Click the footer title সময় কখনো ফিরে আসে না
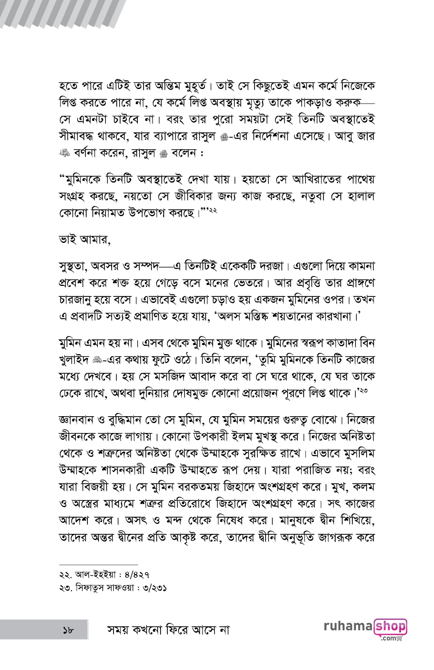coord(168,629)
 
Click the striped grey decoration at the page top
coord(63,13)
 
